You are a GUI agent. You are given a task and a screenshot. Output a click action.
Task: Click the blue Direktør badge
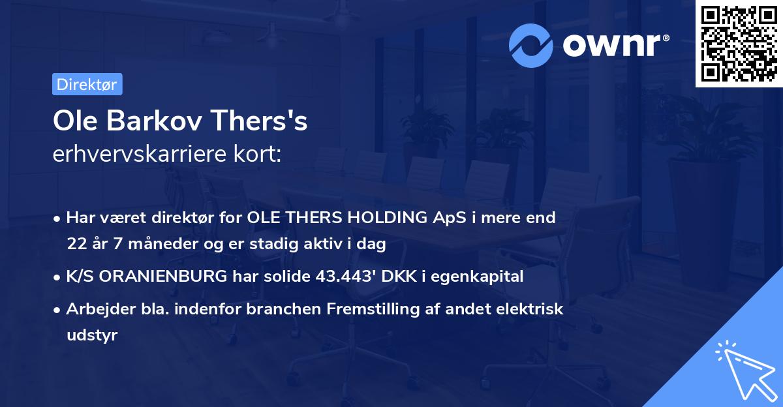pyautogui.click(x=87, y=84)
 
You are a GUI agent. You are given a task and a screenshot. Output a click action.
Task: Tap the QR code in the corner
pyautogui.click(x=739, y=44)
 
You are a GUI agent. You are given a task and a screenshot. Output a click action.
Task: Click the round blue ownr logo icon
pyautogui.click(x=530, y=46)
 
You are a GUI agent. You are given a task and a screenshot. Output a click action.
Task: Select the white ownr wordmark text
pyautogui.click(x=616, y=45)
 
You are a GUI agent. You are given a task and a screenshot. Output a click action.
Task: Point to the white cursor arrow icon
pyautogui.click(x=746, y=370)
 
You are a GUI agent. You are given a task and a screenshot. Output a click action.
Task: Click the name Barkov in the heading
pyautogui.click(x=154, y=121)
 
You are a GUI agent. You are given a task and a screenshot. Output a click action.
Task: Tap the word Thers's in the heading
pyautogui.click(x=259, y=121)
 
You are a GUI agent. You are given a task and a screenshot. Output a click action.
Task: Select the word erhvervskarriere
pyautogui.click(x=140, y=153)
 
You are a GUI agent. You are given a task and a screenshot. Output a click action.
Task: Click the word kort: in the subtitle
pyautogui.click(x=258, y=153)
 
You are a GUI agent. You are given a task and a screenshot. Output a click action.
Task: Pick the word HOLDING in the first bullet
pyautogui.click(x=388, y=217)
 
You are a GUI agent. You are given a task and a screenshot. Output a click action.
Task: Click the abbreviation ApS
pyautogui.click(x=449, y=218)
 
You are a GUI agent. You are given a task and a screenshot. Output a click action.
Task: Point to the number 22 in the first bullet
pyautogui.click(x=77, y=243)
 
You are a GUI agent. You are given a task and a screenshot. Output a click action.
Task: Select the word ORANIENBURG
pyautogui.click(x=163, y=277)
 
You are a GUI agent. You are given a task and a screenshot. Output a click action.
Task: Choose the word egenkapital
pyautogui.click(x=477, y=277)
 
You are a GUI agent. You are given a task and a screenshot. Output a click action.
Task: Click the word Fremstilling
pyautogui.click(x=373, y=309)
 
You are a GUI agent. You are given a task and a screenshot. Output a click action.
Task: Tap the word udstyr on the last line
pyautogui.click(x=92, y=335)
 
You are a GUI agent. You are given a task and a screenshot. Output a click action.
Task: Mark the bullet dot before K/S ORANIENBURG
pyautogui.click(x=57, y=278)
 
